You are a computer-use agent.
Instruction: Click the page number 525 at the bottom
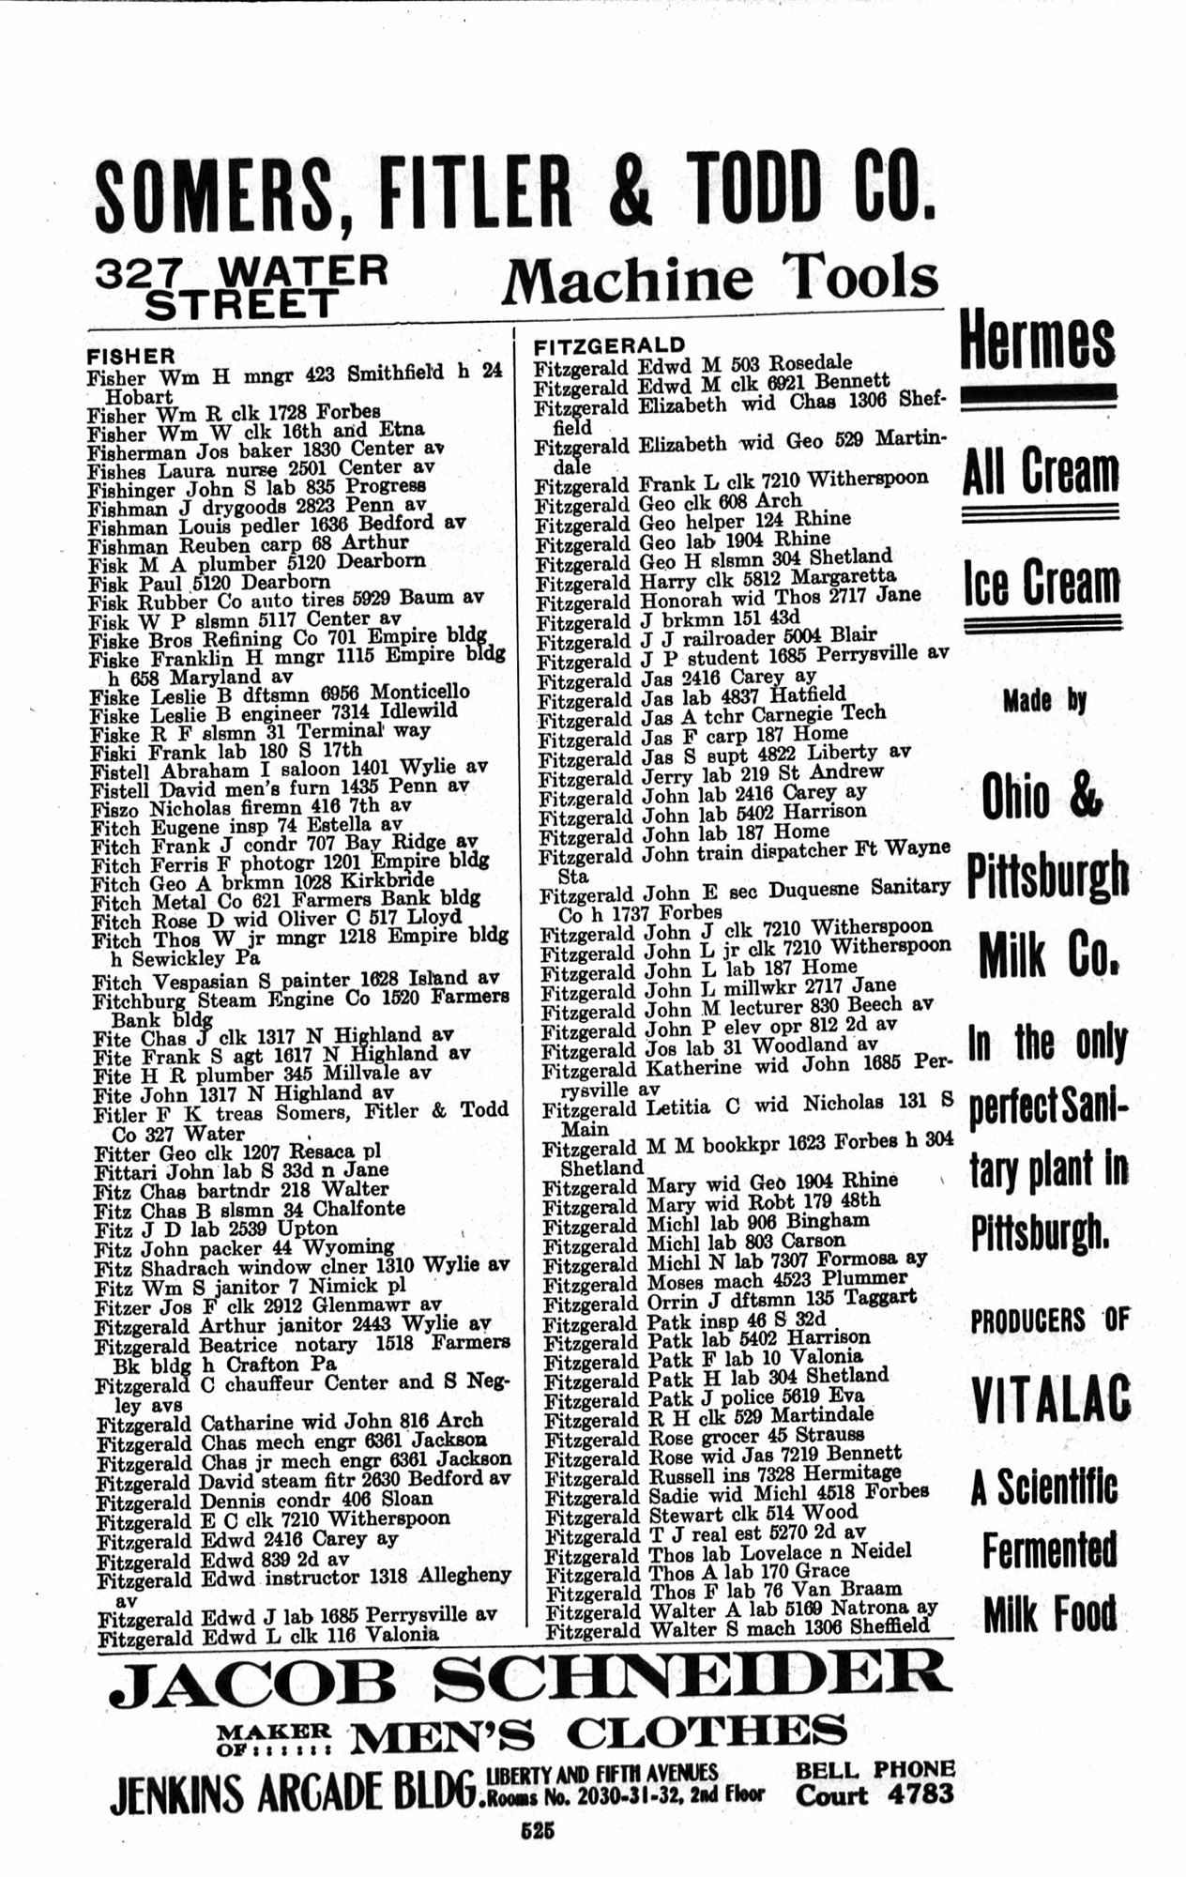(x=540, y=1831)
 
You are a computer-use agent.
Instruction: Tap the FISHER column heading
(x=130, y=357)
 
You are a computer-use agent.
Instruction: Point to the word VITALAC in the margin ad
(x=1051, y=1399)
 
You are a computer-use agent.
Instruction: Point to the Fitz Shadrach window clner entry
(x=301, y=1266)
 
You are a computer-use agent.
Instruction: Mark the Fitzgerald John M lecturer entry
(x=737, y=1005)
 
